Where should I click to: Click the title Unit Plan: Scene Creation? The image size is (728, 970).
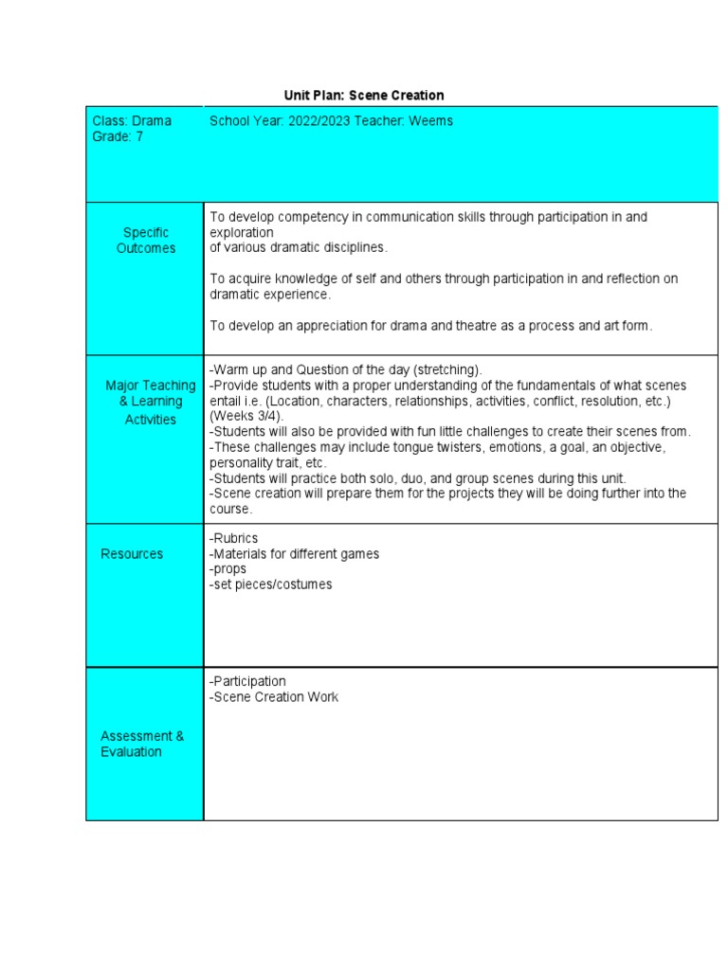tap(364, 96)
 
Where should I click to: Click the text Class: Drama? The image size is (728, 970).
tap(132, 121)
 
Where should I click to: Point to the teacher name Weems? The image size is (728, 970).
tap(431, 121)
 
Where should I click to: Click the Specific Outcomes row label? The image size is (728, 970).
tap(146, 241)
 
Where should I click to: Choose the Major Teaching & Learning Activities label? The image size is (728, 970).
tap(150, 402)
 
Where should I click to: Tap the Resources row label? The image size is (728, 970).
tap(132, 554)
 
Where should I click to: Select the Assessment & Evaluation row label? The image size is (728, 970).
tap(142, 744)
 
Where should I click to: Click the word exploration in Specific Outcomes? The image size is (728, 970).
tap(242, 232)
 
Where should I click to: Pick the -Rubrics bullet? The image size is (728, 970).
tap(233, 538)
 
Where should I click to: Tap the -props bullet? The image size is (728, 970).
tap(228, 569)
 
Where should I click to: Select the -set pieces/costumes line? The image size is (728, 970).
tap(271, 584)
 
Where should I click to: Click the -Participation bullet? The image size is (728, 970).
tap(247, 681)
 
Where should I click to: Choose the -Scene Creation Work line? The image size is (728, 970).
tap(274, 697)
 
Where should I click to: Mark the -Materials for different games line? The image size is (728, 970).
tap(294, 554)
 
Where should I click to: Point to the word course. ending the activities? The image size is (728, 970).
tap(231, 509)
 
